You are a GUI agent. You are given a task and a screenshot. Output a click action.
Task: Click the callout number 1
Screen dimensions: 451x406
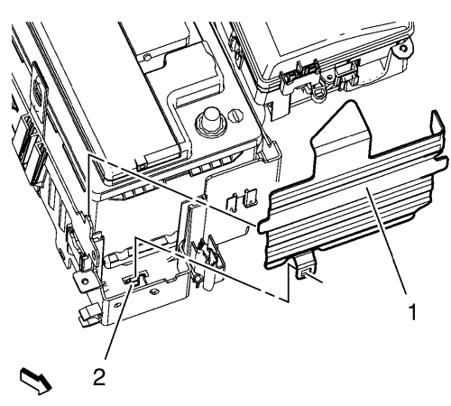click(413, 312)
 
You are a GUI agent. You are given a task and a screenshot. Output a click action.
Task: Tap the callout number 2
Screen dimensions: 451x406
click(99, 376)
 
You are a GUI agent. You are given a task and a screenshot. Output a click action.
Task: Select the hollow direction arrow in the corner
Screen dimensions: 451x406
click(36, 381)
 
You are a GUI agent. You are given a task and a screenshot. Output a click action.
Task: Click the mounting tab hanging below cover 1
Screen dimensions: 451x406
click(306, 266)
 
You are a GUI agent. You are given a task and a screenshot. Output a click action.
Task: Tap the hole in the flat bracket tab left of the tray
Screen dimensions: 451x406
click(86, 281)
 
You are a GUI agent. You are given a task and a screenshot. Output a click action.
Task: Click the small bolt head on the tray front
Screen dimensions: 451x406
click(153, 291)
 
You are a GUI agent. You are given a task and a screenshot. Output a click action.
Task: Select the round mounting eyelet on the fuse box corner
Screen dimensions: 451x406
click(404, 49)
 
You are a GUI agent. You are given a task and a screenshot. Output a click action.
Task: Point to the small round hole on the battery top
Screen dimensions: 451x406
click(147, 57)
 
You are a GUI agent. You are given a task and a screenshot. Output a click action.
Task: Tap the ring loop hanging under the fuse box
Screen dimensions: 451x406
click(318, 93)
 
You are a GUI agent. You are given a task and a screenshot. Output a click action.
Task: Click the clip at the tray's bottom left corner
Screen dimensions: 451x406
click(89, 314)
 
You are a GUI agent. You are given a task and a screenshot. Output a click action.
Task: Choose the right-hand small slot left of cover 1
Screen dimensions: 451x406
click(251, 197)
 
